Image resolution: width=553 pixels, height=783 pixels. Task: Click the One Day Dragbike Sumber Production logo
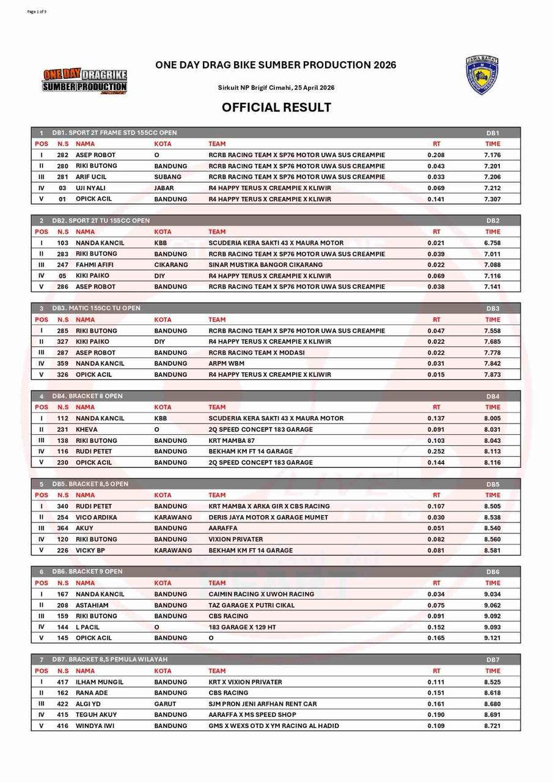pos(85,82)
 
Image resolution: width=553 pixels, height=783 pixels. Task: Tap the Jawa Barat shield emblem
pos(482,76)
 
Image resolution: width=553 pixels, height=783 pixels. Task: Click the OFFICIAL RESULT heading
pos(276,108)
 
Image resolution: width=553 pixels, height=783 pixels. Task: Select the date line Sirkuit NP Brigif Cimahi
pos(276,87)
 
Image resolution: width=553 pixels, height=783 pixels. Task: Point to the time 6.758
pos(492,243)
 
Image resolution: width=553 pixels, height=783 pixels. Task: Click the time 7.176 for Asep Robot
pos(492,155)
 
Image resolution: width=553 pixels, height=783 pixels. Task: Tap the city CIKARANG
pos(171,265)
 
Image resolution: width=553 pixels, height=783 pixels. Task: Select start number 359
pos(63,363)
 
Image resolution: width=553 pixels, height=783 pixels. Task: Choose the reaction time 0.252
pos(436,451)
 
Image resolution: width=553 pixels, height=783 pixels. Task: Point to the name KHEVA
pos(86,429)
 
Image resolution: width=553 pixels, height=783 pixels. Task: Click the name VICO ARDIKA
pos(96,518)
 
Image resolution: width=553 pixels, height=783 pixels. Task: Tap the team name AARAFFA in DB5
pos(222,528)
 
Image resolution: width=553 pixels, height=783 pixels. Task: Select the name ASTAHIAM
pos(92,605)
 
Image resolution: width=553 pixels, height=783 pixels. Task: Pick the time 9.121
pos(492,638)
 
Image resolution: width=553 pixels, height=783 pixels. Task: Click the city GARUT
pos(165,704)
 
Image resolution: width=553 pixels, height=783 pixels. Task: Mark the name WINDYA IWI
pos(95,726)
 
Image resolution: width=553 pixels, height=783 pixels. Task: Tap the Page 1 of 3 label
pos(37,12)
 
